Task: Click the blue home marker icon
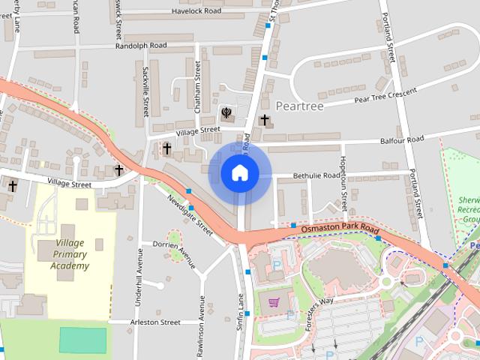pyautogui.click(x=239, y=173)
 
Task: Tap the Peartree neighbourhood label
pyautogui.click(x=299, y=106)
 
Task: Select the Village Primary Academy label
pyautogui.click(x=70, y=254)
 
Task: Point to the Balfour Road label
pyautogui.click(x=401, y=139)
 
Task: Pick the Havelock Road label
pyautogui.click(x=196, y=11)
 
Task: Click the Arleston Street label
pyautogui.click(x=155, y=322)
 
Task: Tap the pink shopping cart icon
pyautogui.click(x=274, y=303)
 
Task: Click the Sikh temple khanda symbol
pyautogui.click(x=225, y=112)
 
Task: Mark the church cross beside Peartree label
pyautogui.click(x=264, y=119)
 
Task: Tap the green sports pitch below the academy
pyautogui.click(x=83, y=340)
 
